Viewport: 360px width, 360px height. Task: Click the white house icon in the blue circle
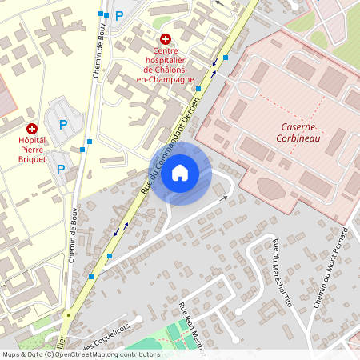tap(180, 172)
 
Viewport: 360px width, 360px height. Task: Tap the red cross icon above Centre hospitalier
tap(166, 38)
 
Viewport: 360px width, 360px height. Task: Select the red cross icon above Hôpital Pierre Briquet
tap(32, 127)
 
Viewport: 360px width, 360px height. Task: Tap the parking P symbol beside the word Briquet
tap(62, 169)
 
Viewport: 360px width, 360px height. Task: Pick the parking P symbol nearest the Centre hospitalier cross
tap(119, 15)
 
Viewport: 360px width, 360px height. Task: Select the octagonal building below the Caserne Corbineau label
tap(271, 189)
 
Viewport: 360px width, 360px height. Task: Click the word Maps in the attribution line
tap(12, 354)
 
